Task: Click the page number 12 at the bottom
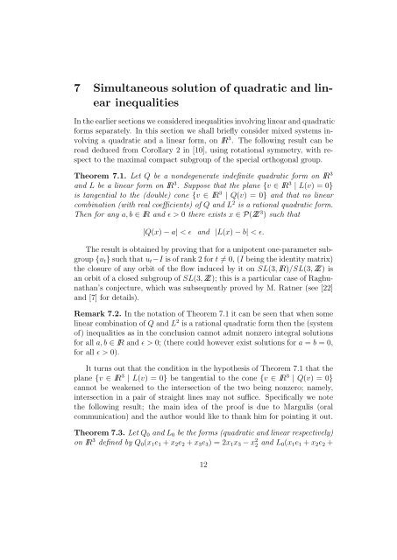coord(197,539)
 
